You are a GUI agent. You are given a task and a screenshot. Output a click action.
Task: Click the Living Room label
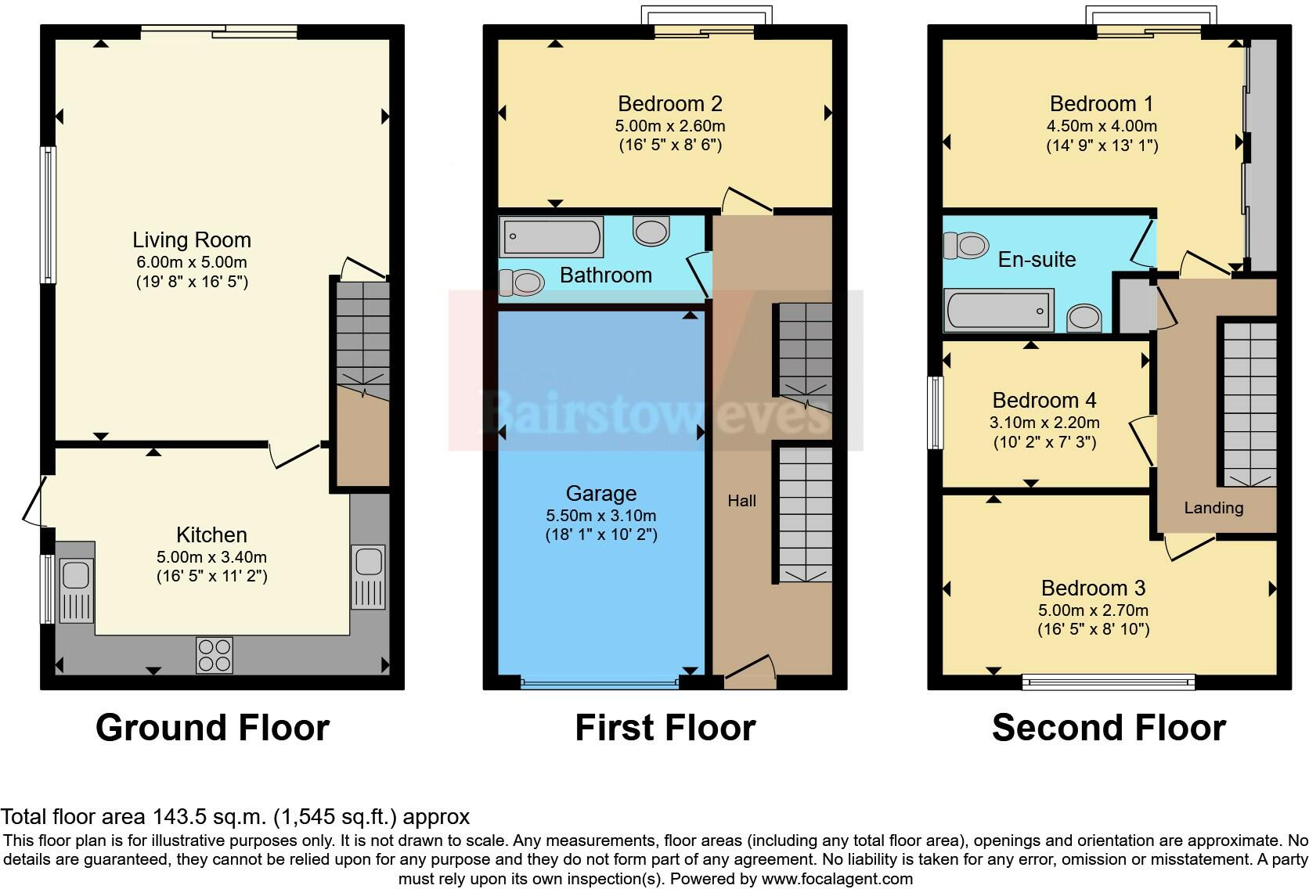192,240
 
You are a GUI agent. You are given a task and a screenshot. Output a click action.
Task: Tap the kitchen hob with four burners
215,656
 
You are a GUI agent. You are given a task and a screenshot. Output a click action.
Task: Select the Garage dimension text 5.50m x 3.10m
600,515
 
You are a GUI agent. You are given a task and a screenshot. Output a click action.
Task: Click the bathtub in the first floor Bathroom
551,236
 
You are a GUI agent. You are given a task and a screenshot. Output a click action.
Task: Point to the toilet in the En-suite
966,245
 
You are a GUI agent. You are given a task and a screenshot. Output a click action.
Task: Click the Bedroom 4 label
1044,401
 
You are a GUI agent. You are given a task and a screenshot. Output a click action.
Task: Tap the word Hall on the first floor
741,501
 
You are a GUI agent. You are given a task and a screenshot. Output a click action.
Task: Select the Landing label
1213,508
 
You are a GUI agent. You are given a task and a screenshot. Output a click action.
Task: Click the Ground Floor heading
213,728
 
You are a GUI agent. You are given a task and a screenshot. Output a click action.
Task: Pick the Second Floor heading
1109,728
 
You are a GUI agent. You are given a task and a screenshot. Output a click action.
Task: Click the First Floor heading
665,728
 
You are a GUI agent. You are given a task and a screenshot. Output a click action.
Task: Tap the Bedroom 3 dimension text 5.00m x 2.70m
1093,610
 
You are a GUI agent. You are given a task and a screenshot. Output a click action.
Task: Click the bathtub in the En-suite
999,310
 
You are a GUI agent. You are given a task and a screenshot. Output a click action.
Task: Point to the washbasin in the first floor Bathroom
651,231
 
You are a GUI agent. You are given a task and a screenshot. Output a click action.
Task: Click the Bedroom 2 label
669,104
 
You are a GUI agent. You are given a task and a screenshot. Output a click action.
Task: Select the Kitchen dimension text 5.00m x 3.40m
211,557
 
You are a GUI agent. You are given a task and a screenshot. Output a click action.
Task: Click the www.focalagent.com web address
837,879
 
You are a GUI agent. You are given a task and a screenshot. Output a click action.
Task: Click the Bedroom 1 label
1101,104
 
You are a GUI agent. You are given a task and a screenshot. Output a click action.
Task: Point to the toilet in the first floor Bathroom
522,283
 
